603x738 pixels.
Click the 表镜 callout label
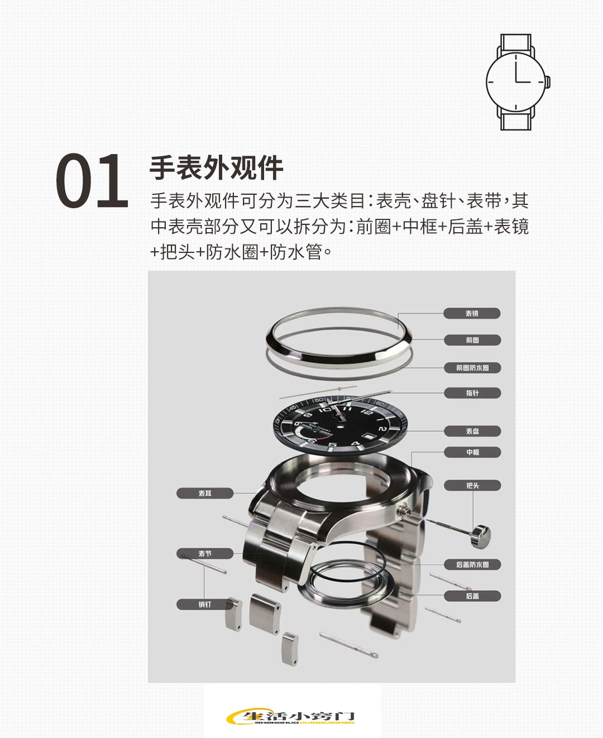pos(472,314)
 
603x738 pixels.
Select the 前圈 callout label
pos(472,340)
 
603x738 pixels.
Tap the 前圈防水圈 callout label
pos(472,368)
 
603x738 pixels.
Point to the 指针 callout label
pos(472,393)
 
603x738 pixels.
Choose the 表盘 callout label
pos(472,431)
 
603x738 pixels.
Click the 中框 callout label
pos(472,452)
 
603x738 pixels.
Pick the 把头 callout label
pos(472,486)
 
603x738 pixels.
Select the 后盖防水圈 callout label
pos(472,564)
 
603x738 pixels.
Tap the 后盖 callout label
pos(472,596)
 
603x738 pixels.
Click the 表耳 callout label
pos(205,493)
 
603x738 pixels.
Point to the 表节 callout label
pos(205,554)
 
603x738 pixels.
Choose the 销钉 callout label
pos(205,605)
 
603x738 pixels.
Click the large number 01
pos(92,181)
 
